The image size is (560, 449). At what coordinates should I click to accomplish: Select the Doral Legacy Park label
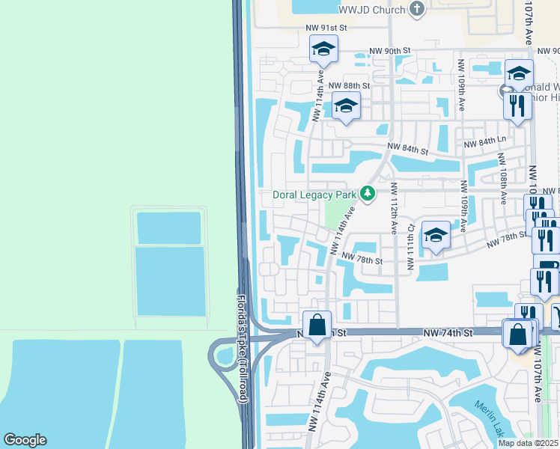[314, 195]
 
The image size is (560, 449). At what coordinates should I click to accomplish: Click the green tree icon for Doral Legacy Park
[367, 194]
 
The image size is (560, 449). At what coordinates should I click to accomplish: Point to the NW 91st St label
[327, 28]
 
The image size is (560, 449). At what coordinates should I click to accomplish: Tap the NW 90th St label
[390, 50]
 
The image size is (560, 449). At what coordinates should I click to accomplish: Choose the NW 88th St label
[349, 85]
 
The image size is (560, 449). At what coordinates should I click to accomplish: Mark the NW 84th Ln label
[485, 141]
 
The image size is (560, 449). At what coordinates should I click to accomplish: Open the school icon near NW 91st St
[323, 49]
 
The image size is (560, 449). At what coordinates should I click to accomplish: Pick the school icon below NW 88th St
[345, 106]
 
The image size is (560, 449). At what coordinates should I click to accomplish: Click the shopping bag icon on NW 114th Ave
[317, 326]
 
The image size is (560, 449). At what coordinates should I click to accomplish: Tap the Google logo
[25, 440]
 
